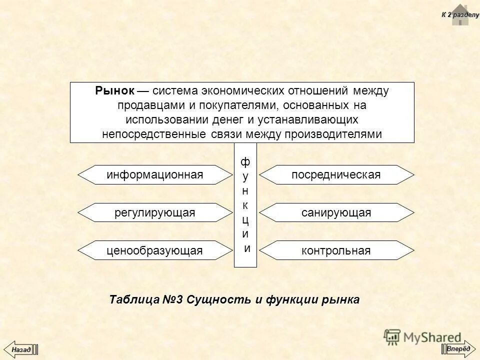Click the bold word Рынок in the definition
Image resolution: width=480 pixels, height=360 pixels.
coord(114,91)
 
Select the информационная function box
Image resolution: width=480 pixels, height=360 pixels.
coord(155,175)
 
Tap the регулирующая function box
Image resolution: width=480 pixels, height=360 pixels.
coord(155,213)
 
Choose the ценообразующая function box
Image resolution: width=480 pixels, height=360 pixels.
coord(155,250)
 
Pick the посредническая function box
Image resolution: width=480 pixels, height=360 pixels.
coord(336,175)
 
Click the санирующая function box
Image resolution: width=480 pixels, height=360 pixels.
coord(336,213)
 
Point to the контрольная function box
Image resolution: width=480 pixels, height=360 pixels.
coord(336,250)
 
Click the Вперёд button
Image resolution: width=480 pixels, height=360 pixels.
coord(458,348)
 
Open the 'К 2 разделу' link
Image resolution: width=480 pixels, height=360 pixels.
coord(460,15)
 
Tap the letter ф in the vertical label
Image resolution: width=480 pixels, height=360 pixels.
coord(245,162)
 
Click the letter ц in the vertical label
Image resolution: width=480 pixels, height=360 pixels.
coord(245,219)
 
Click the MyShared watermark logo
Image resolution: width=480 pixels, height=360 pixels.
coord(422,337)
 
